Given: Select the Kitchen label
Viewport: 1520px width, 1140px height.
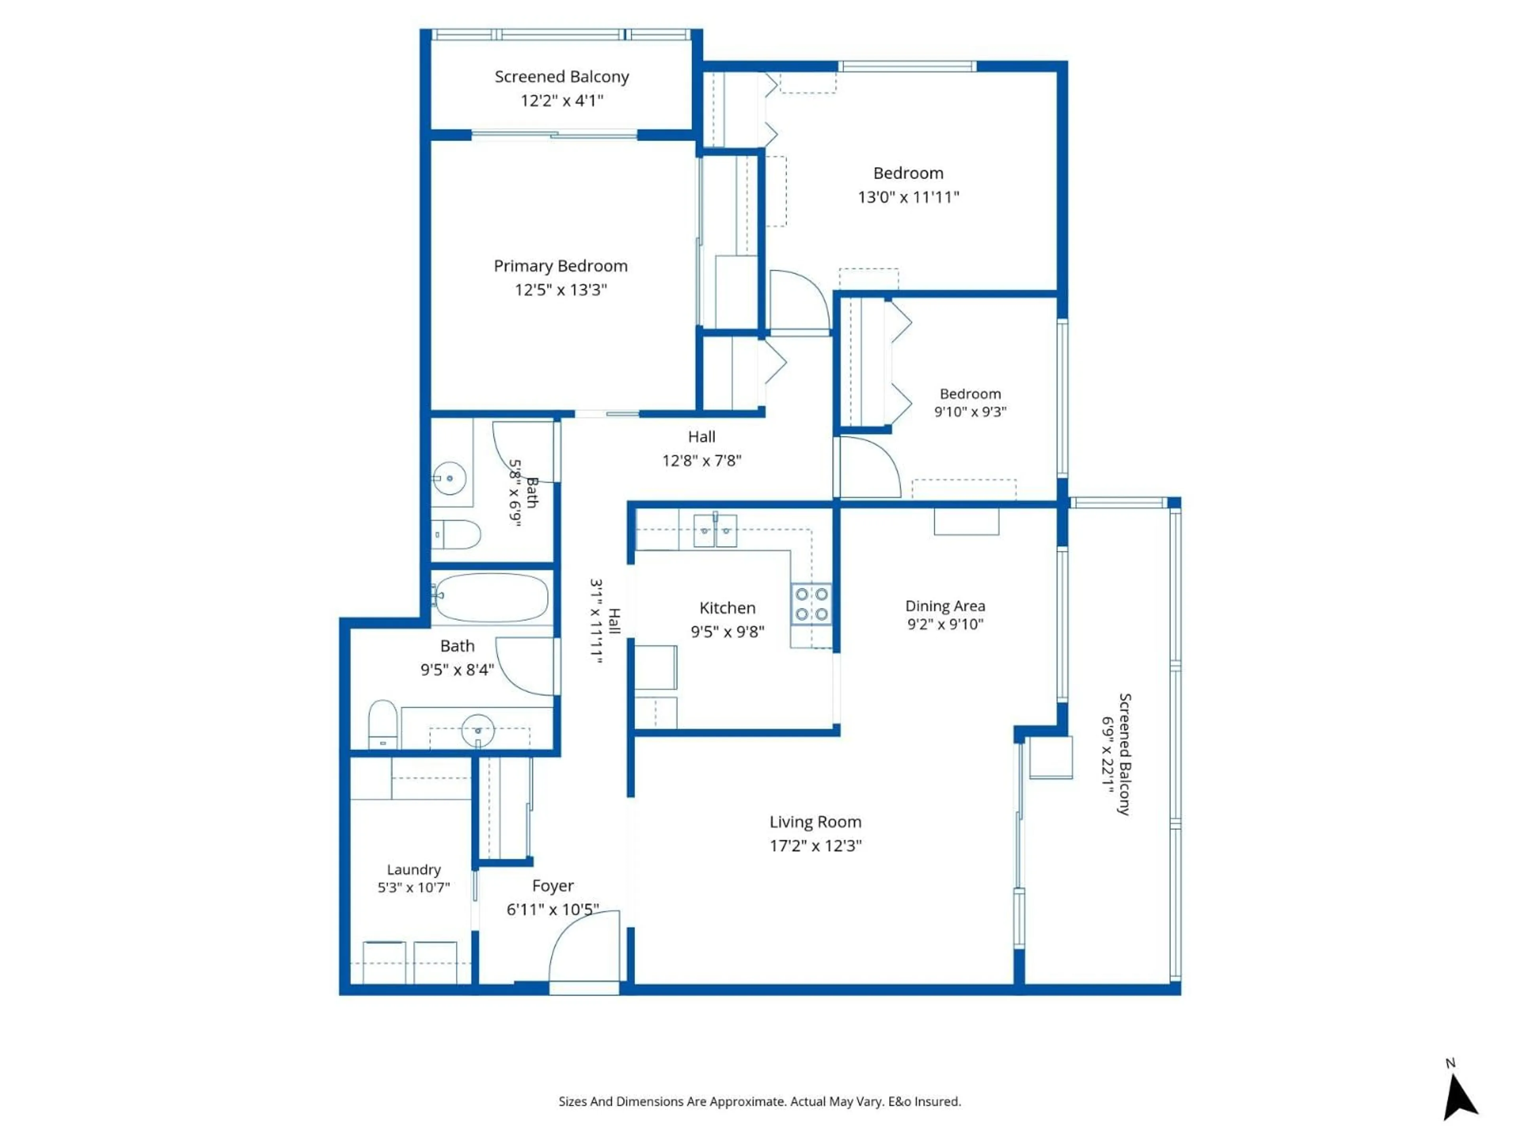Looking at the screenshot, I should pos(727,608).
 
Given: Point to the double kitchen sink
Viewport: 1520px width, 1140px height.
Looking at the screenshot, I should pos(714,531).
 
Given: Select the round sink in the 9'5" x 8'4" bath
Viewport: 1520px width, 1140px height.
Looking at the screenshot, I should pos(478,730).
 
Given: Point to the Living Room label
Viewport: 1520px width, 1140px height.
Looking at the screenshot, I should pos(815,822).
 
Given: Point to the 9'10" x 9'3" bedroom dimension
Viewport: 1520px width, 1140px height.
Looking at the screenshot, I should pos(969,412).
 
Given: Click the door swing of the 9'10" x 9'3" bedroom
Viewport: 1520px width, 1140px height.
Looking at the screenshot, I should pos(869,467).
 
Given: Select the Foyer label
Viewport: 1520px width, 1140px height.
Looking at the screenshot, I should pos(553,886).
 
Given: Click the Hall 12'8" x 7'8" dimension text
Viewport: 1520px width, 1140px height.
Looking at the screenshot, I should pos(701,460).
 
